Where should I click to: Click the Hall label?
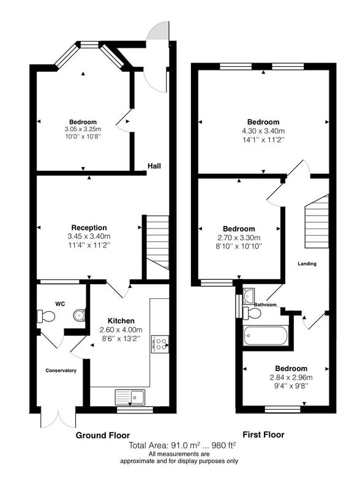[154, 166]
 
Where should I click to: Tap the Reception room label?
[89, 227]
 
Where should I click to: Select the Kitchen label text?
[121, 320]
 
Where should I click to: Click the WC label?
[60, 304]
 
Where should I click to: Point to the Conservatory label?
[61, 371]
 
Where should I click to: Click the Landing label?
[307, 264]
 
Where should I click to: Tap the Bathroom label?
[265, 304]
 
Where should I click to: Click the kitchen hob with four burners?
[160, 344]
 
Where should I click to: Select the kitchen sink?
[130, 397]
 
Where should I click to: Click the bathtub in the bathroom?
[265, 336]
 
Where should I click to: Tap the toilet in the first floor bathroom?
[252, 313]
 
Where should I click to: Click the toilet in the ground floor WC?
[46, 316]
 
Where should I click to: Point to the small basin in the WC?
[80, 315]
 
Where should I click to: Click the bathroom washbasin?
[249, 296]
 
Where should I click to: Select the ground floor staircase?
[157, 243]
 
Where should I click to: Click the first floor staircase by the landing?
[317, 221]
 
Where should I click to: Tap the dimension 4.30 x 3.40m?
[263, 131]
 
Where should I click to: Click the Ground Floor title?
[103, 435]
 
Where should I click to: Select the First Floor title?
[263, 434]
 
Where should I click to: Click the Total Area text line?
[182, 445]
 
